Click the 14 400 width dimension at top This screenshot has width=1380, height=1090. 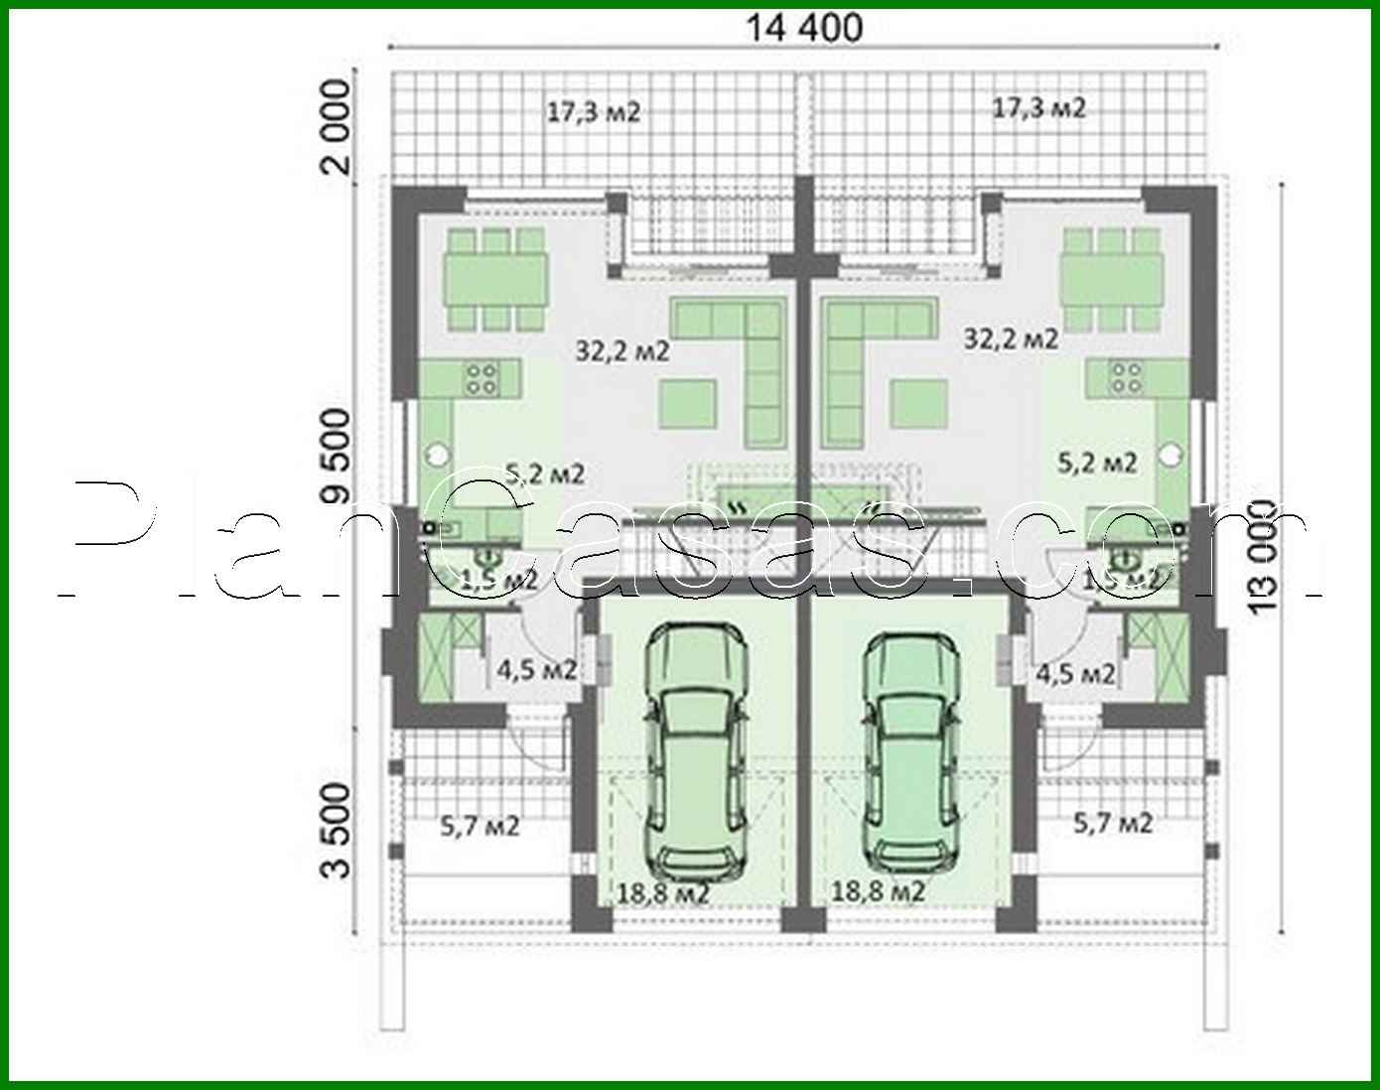coord(803,28)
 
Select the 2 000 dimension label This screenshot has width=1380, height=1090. coord(338,127)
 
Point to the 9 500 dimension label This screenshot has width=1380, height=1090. coord(338,455)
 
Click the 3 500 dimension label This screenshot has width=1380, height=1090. coord(338,830)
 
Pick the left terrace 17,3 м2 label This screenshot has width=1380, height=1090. coord(594,112)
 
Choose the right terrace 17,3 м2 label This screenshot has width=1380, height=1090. coord(1039,108)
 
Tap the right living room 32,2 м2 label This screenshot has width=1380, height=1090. coord(1011,339)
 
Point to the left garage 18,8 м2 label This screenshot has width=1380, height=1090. coord(662,893)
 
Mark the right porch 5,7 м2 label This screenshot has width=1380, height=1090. coord(1113,822)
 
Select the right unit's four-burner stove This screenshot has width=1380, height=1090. coord(1127,375)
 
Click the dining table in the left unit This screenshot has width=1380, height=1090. coord(496,279)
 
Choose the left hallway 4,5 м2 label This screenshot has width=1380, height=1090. coord(537,670)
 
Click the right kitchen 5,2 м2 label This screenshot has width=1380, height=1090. coord(1097,462)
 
